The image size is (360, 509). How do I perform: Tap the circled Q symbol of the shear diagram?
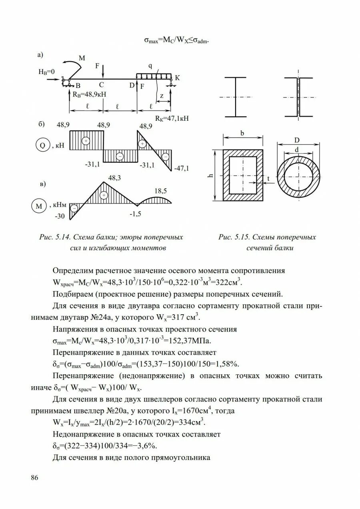click(x=42, y=146)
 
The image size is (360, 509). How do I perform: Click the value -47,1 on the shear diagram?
click(x=182, y=168)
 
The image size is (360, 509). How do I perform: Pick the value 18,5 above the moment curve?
click(x=160, y=191)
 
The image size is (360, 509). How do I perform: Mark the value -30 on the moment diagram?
click(x=60, y=216)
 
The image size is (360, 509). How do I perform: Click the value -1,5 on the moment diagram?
click(x=135, y=214)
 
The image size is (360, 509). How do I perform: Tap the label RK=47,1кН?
click(x=172, y=118)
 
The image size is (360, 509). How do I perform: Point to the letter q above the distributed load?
click(x=150, y=66)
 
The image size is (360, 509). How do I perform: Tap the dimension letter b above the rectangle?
click(x=242, y=134)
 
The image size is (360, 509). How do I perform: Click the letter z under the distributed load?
click(x=161, y=96)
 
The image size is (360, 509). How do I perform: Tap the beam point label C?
click(x=102, y=85)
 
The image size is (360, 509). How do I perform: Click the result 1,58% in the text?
click(x=228, y=364)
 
